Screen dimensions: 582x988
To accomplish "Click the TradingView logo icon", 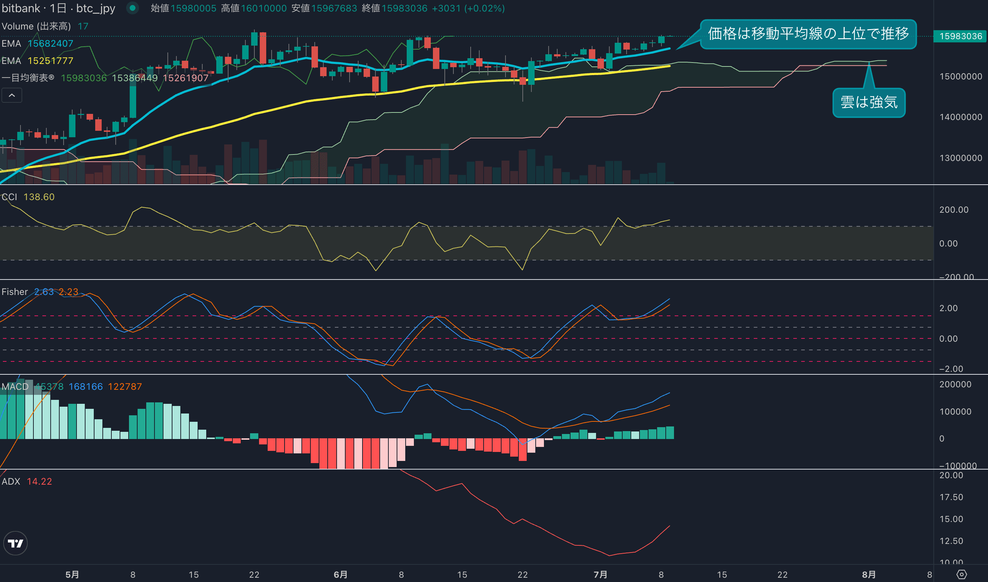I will (x=15, y=543).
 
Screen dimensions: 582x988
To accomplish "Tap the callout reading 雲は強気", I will (x=868, y=102).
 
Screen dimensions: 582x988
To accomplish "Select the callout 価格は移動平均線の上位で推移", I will (x=808, y=34).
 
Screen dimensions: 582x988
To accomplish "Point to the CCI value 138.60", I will (x=39, y=197).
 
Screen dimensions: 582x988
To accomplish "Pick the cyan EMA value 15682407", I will (x=50, y=43).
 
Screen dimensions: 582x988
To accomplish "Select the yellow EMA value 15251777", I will (x=50, y=61).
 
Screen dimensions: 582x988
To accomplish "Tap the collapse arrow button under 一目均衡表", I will (x=12, y=95).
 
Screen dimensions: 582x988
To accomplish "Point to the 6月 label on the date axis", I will (x=341, y=574).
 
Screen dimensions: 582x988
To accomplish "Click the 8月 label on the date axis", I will (x=869, y=574).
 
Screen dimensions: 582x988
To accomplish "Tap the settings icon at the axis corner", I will (x=962, y=574).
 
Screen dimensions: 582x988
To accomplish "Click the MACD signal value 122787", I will (x=125, y=387).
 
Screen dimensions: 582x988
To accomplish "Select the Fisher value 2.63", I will (x=43, y=292).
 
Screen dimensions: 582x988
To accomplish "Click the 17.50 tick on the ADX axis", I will (x=951, y=497).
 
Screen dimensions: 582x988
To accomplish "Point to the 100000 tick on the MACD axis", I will (x=955, y=411).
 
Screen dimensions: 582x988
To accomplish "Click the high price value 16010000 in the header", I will (x=264, y=8).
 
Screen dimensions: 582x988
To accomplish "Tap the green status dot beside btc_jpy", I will (x=133, y=8).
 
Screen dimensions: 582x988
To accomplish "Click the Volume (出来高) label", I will (x=36, y=26).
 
